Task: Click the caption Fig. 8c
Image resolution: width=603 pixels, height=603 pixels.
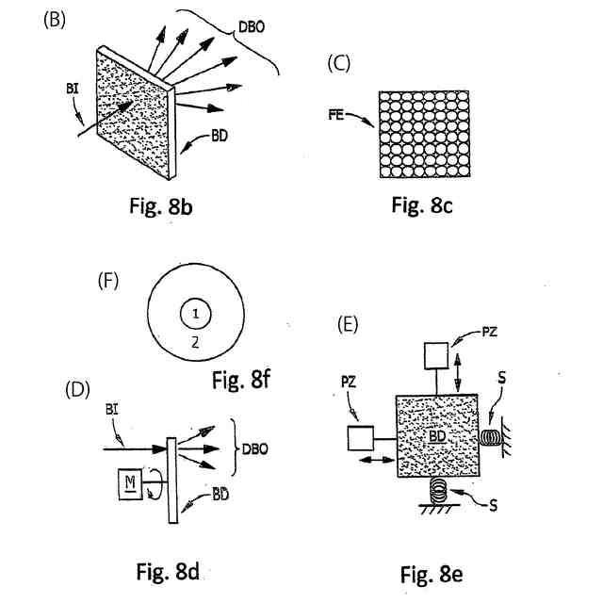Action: pyautogui.click(x=422, y=205)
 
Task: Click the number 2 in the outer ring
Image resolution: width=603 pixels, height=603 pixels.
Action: pyautogui.click(x=194, y=344)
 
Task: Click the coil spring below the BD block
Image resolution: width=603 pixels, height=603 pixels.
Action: pyautogui.click(x=438, y=491)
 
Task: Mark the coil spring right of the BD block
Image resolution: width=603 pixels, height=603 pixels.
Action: pyautogui.click(x=492, y=438)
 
